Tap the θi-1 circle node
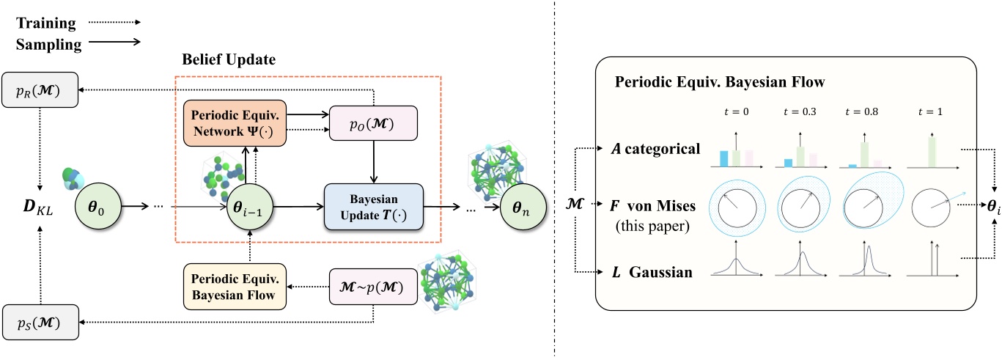pos(250,207)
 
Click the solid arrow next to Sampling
pos(125,43)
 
